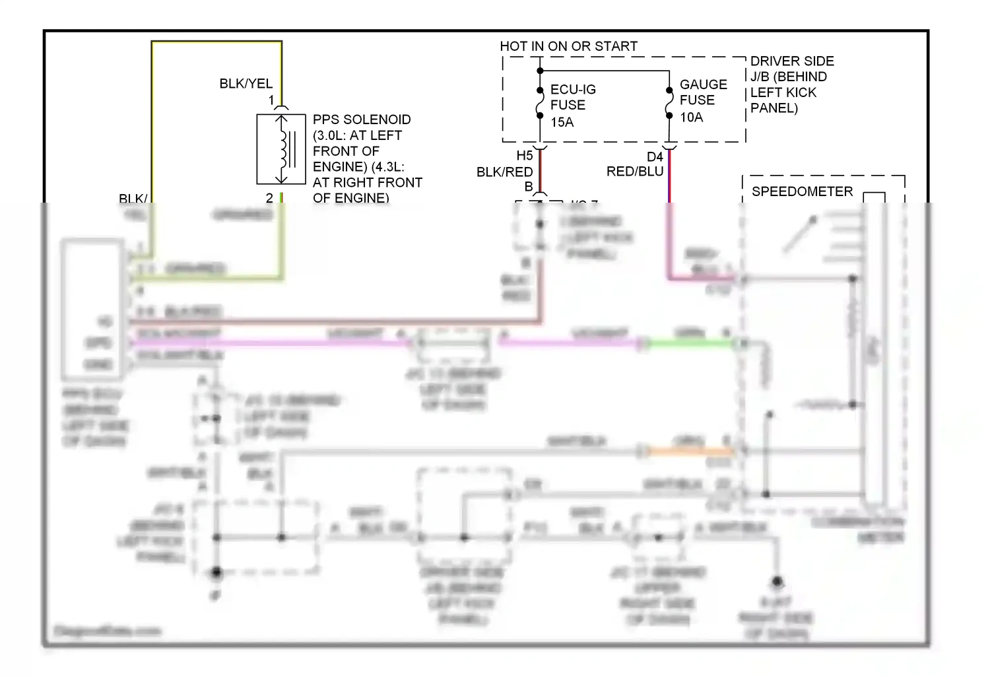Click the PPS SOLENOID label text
pyautogui.click(x=361, y=119)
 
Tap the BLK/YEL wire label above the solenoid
pyautogui.click(x=246, y=84)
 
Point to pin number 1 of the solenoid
pyautogui.click(x=271, y=100)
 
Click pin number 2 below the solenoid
pyautogui.click(x=269, y=197)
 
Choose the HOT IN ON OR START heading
pyautogui.click(x=568, y=46)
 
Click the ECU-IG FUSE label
pyautogui.click(x=572, y=97)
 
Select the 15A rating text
pyautogui.click(x=562, y=122)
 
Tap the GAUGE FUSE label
pyautogui.click(x=703, y=92)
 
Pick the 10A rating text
pyautogui.click(x=691, y=118)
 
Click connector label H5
pyautogui.click(x=524, y=156)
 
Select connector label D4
pyautogui.click(x=654, y=156)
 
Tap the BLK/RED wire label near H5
pyautogui.click(x=504, y=172)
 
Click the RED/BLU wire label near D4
pyautogui.click(x=634, y=172)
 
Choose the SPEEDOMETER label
pyautogui.click(x=802, y=191)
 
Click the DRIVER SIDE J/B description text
pyautogui.click(x=791, y=84)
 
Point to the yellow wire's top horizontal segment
pyautogui.click(x=216, y=42)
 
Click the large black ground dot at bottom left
pyautogui.click(x=216, y=572)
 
